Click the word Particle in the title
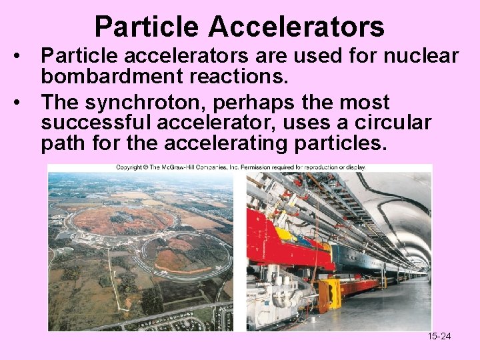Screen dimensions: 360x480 (x=147, y=27)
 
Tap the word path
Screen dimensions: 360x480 (x=62, y=143)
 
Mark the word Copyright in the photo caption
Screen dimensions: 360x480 (x=130, y=167)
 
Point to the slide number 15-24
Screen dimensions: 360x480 (x=439, y=336)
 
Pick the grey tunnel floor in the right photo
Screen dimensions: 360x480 (x=393, y=307)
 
